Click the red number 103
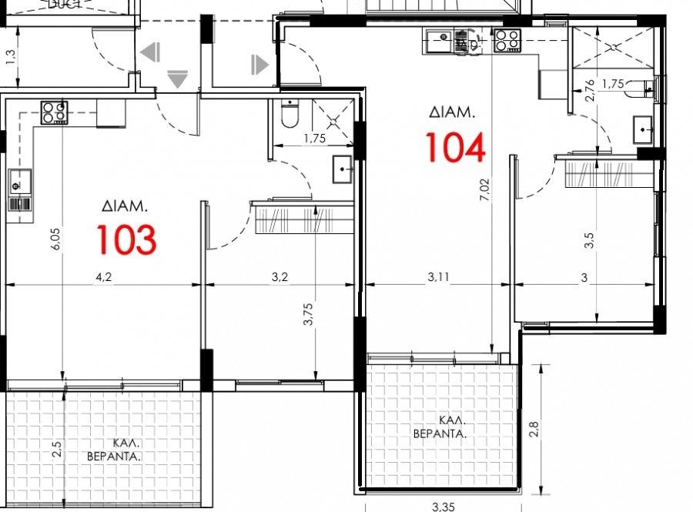126,239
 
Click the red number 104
455,148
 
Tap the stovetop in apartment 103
53,112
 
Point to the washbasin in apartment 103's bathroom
343,169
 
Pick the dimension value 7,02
484,187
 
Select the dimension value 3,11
436,278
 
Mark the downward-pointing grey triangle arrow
178,79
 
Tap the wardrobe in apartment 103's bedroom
303,219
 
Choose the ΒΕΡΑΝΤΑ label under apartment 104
440,433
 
